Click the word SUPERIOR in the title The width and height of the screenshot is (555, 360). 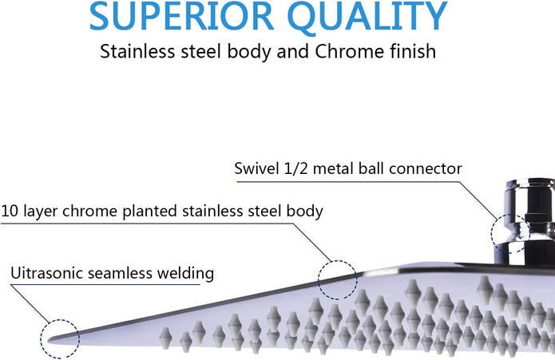(181, 16)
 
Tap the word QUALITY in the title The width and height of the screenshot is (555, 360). (367, 17)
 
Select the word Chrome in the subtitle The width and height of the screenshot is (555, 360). (350, 51)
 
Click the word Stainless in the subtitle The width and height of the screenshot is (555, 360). (137, 51)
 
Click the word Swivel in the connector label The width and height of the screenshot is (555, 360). (256, 168)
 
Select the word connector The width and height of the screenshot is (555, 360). (425, 168)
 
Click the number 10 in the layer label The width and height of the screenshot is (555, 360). (10, 211)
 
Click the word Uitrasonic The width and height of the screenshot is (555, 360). (47, 273)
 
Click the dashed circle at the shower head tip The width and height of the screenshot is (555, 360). (41, 338)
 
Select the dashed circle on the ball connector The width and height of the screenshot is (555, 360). (491, 233)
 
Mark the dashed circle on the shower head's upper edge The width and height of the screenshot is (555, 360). (318, 280)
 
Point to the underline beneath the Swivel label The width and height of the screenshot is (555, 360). (348, 182)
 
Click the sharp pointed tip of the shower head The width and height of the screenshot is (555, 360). (49, 341)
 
